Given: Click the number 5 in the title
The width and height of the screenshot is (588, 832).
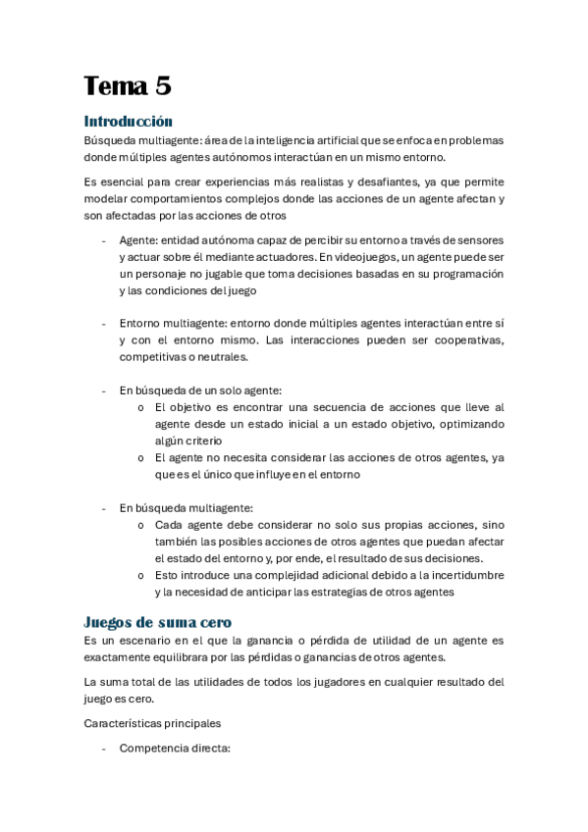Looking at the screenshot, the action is (162, 86).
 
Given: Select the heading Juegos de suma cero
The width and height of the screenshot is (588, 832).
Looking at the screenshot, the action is (157, 621).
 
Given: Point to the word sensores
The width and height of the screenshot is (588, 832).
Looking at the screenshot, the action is (477, 239).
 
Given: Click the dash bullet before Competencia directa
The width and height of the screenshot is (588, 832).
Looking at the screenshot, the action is (104, 748).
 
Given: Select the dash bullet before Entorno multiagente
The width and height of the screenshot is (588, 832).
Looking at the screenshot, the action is (104, 323).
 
